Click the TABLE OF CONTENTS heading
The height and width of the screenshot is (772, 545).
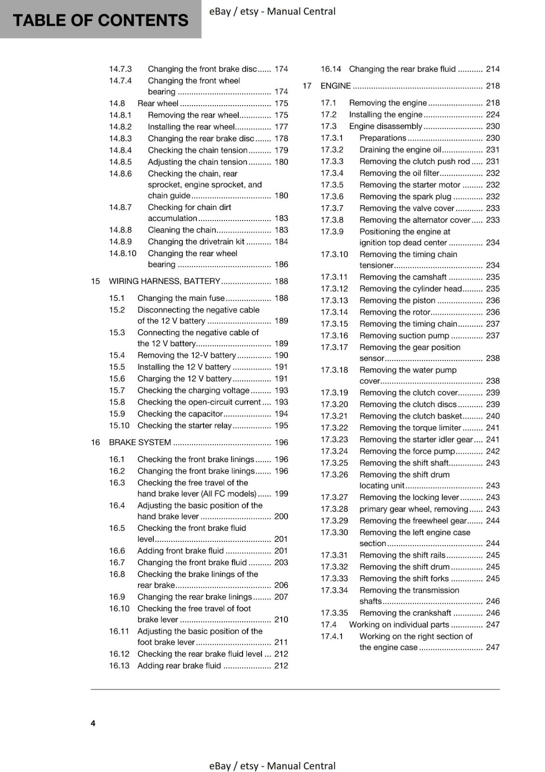pyautogui.click(x=100, y=20)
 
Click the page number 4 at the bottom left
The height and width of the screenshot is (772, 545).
pyautogui.click(x=93, y=723)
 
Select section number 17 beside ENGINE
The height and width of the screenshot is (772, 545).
pyautogui.click(x=307, y=86)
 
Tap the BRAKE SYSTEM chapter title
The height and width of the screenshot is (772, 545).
pyautogui.click(x=140, y=442)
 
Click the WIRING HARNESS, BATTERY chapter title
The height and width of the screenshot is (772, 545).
pyautogui.click(x=164, y=281)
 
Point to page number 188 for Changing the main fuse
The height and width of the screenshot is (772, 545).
pyautogui.click(x=281, y=298)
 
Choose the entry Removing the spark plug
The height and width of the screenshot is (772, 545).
pyautogui.click(x=405, y=196)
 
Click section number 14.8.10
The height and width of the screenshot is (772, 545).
pyautogui.click(x=123, y=253)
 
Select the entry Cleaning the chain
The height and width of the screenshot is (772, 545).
pyautogui.click(x=182, y=230)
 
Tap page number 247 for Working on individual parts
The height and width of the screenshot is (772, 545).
pyautogui.click(x=492, y=624)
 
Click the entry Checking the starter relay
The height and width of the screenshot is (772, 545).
pyautogui.click(x=184, y=426)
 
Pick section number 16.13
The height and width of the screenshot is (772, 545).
pyautogui.click(x=119, y=665)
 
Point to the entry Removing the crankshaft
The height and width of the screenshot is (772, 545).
pyautogui.click(x=405, y=613)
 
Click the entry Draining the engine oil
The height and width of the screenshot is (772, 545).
pyautogui.click(x=400, y=150)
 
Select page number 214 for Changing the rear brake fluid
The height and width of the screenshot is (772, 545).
pyautogui.click(x=492, y=69)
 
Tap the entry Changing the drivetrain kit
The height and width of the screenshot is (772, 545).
pyautogui.click(x=196, y=242)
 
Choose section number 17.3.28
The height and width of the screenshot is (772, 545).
pyautogui.click(x=334, y=509)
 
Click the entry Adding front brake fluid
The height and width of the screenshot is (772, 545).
pyautogui.click(x=180, y=551)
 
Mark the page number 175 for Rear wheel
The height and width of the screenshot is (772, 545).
pyautogui.click(x=281, y=103)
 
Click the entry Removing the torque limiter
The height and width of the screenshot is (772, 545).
pyautogui.click(x=410, y=427)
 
